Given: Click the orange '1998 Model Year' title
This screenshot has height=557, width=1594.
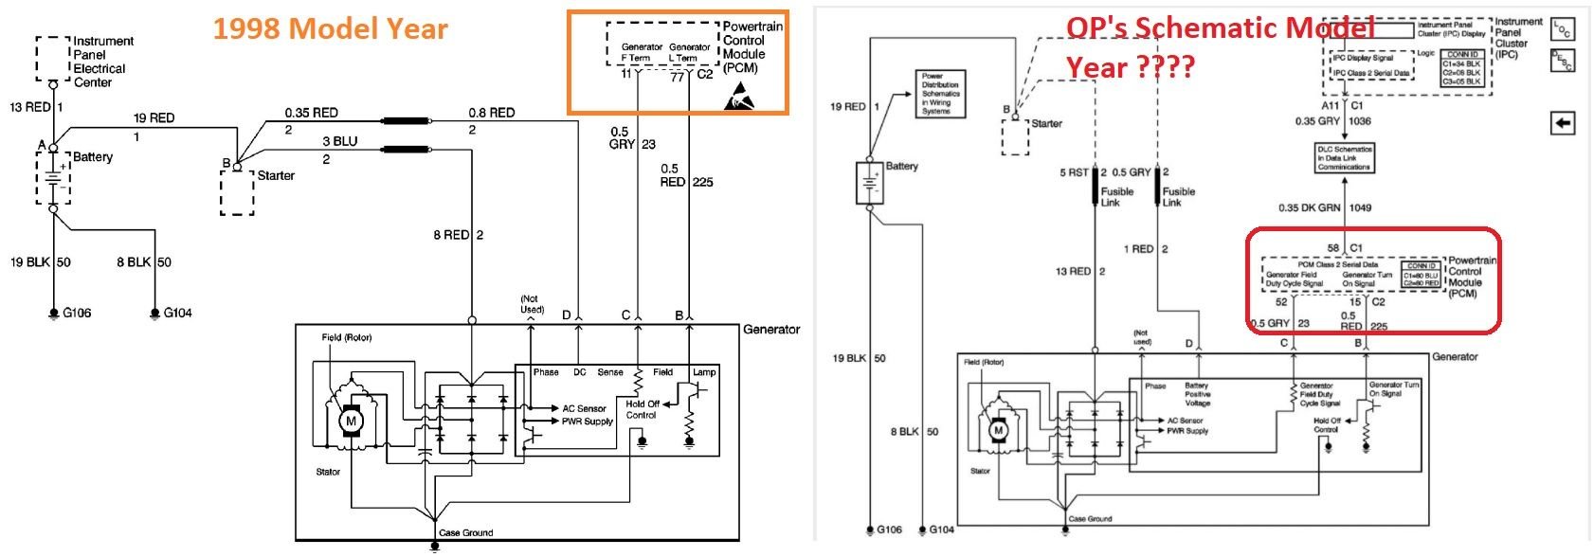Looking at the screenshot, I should [x=330, y=28].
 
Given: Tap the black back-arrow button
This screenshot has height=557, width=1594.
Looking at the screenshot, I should [x=1563, y=122].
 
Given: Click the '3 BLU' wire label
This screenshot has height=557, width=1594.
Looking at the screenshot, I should [x=339, y=141].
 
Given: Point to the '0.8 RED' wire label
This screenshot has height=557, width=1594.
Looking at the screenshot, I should [x=491, y=113].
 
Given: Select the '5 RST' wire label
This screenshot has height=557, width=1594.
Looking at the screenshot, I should [x=1075, y=172].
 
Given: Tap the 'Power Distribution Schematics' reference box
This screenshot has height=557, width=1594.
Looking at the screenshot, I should [x=940, y=93].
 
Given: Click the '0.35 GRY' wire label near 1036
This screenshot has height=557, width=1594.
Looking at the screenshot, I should [x=1317, y=121].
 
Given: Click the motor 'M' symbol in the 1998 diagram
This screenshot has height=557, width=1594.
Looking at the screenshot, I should [x=350, y=421].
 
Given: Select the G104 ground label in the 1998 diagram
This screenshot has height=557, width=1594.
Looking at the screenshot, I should [x=177, y=313].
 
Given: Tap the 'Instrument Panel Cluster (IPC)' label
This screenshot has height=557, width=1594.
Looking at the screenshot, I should [x=1518, y=38].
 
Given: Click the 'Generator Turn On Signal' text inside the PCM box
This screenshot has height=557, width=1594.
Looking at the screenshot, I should [x=1366, y=279].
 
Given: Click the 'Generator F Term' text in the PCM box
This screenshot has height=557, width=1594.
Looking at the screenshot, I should [x=642, y=53].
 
